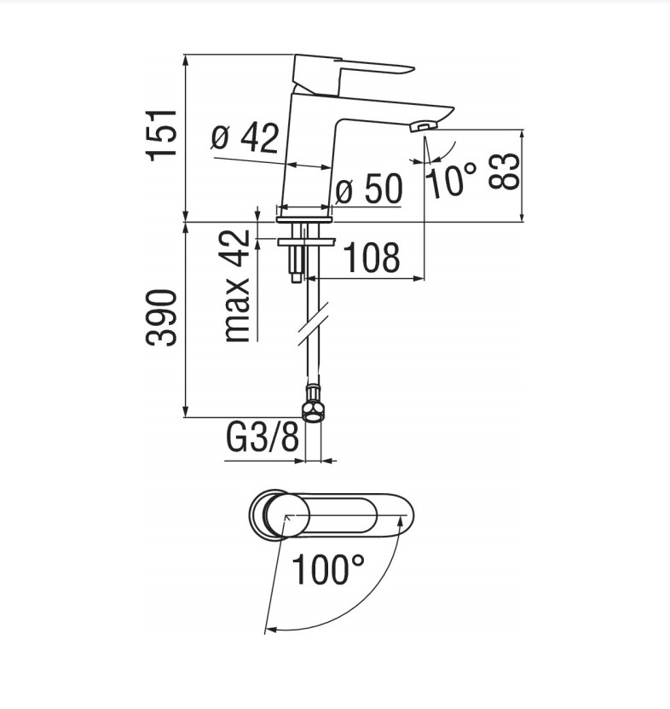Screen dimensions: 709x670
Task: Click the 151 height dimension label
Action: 161,134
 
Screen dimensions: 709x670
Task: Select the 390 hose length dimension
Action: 162,317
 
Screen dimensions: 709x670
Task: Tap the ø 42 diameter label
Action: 245,137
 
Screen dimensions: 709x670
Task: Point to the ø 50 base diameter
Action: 367,190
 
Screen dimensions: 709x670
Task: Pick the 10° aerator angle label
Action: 451,181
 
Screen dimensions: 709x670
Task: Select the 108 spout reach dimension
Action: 371,258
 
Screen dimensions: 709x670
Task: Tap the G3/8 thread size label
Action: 263,440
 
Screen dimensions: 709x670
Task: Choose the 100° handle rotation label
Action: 328,569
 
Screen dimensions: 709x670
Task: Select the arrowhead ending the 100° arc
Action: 269,630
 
